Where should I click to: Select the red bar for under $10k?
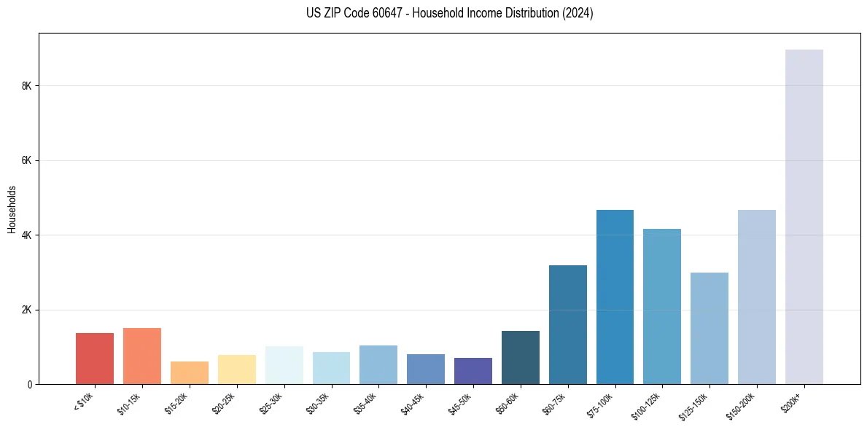(x=95, y=359)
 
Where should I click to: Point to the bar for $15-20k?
(x=190, y=372)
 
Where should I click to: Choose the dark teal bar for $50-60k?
(x=520, y=357)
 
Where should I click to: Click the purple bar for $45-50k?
(x=473, y=371)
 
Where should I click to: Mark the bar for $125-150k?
(x=709, y=328)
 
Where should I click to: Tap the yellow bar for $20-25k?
(x=237, y=370)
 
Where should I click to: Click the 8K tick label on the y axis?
(x=27, y=86)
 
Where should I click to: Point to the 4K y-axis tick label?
(x=27, y=235)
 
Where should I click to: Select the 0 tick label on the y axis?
(x=30, y=384)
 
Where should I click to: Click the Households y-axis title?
(x=12, y=208)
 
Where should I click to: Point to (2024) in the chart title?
(x=578, y=13)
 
